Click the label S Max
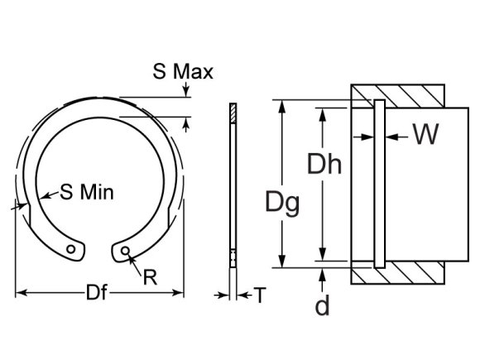point(182,72)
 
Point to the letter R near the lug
point(150,277)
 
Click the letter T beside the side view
point(259,295)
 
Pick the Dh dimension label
point(324,165)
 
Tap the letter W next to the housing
point(425,135)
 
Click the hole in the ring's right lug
point(125,249)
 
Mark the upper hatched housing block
point(398,95)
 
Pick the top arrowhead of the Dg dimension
point(282,106)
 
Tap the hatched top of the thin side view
point(233,111)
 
